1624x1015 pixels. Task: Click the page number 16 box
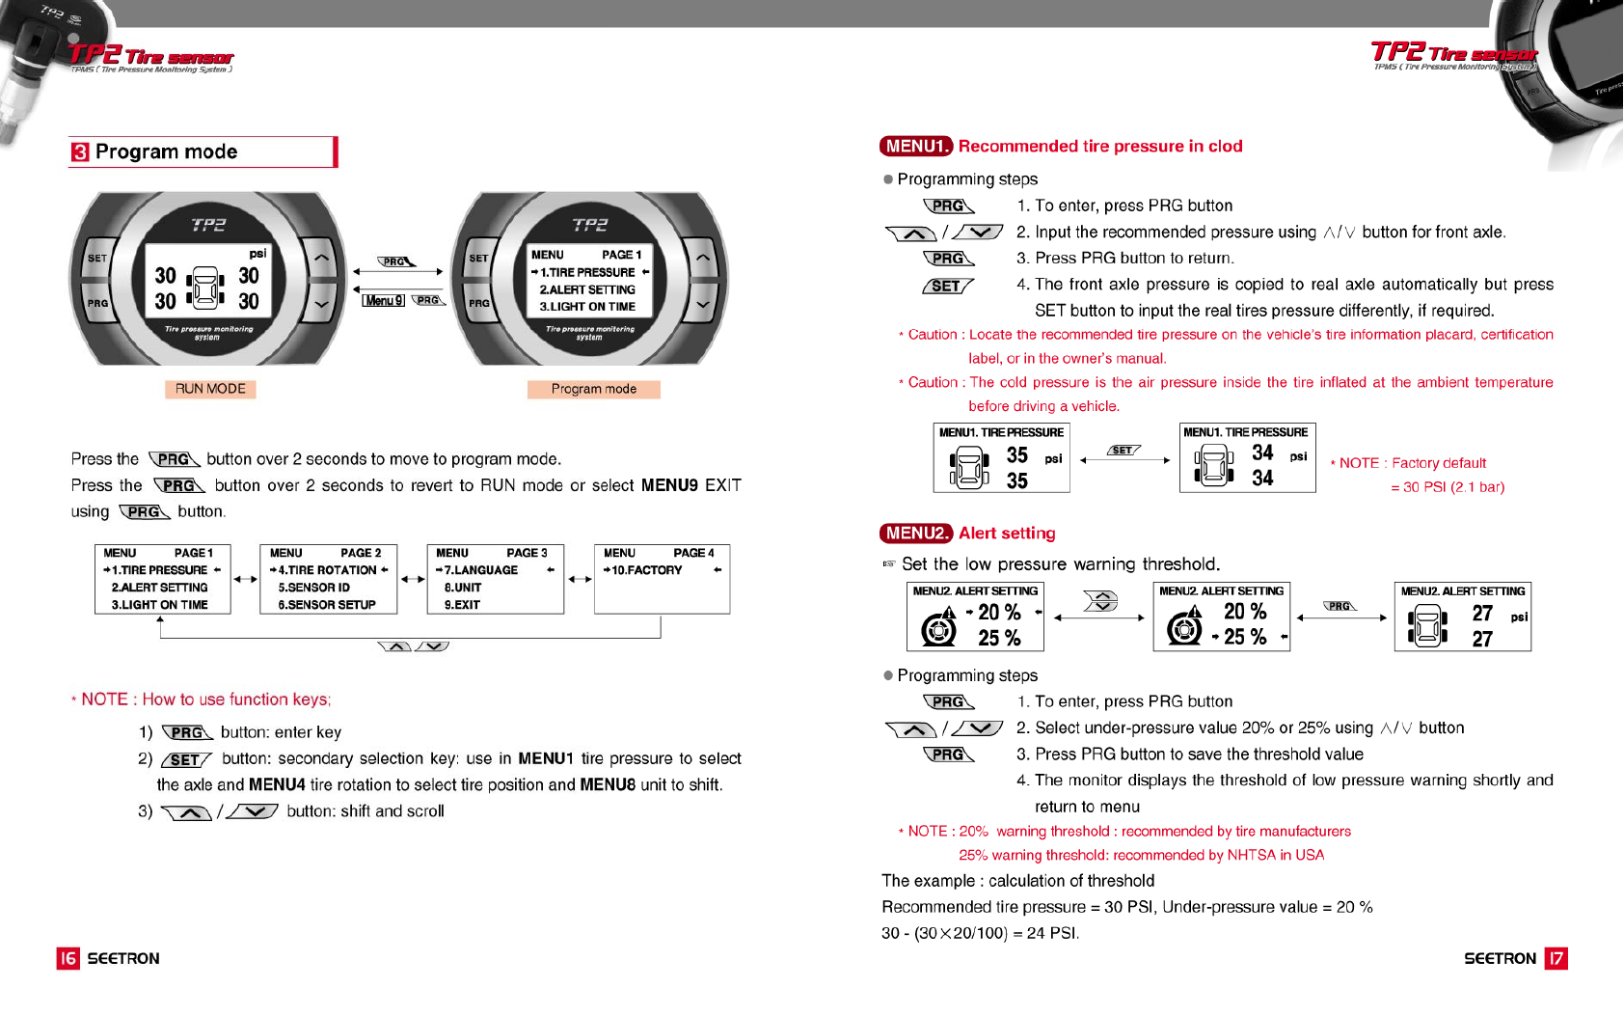click(68, 958)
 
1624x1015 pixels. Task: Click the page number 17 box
click(1556, 958)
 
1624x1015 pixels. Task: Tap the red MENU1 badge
click(915, 146)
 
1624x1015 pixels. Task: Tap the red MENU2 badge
click(915, 533)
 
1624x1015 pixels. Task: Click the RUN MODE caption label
click(210, 389)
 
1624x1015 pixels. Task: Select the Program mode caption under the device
click(593, 389)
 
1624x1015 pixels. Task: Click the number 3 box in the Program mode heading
click(80, 152)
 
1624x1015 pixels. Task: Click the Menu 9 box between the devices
click(383, 300)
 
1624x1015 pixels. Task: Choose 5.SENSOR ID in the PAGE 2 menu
click(314, 588)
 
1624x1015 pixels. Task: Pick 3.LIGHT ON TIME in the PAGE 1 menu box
click(159, 605)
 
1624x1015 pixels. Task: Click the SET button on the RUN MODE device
click(97, 259)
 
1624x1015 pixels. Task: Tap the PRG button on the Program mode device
click(478, 303)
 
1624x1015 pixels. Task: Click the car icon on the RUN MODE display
click(206, 288)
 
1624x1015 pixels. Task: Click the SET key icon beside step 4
click(947, 286)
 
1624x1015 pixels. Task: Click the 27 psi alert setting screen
click(1462, 617)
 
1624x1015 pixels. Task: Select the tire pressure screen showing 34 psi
click(1247, 458)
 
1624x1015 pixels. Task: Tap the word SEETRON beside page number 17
click(1500, 958)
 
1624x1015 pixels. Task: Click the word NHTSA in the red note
click(1251, 855)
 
